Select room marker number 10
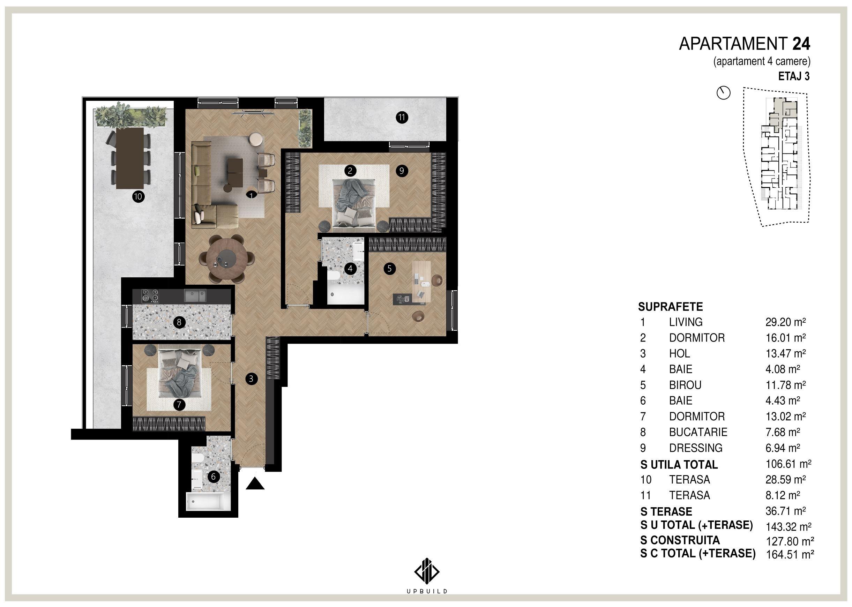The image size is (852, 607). click(138, 197)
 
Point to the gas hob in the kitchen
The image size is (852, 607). click(150, 297)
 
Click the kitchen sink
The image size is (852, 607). click(194, 296)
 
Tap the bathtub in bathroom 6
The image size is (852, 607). click(205, 502)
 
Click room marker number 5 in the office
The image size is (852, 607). click(390, 268)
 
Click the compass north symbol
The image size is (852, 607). click(723, 93)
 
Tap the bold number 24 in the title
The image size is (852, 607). click(801, 44)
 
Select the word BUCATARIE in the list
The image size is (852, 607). click(698, 432)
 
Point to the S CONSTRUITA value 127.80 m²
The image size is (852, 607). click(790, 541)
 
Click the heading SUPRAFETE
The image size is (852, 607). click(670, 307)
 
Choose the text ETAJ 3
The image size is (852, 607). click(794, 76)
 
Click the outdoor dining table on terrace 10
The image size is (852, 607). click(130, 158)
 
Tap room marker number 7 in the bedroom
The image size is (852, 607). click(179, 404)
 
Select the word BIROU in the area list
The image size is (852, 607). click(685, 385)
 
